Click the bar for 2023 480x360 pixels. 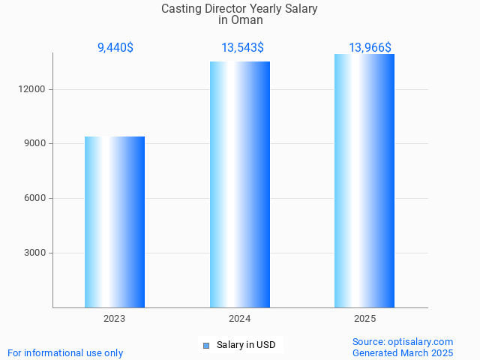point(115,222)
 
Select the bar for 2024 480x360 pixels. point(240,184)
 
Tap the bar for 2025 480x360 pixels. point(364,181)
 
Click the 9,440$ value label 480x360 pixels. point(115,48)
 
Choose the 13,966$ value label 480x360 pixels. point(370,48)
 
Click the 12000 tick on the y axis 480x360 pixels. point(34,89)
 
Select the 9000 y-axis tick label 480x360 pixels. point(37,144)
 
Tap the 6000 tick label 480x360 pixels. point(37,198)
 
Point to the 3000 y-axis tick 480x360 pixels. point(37,253)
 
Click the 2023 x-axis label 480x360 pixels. point(115,319)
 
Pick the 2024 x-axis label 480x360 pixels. point(240,319)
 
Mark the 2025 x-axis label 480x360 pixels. point(364,319)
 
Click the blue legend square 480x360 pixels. point(205,346)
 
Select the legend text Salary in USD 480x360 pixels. point(246,345)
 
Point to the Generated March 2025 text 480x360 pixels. point(403,352)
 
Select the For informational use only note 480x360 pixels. point(65,352)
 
